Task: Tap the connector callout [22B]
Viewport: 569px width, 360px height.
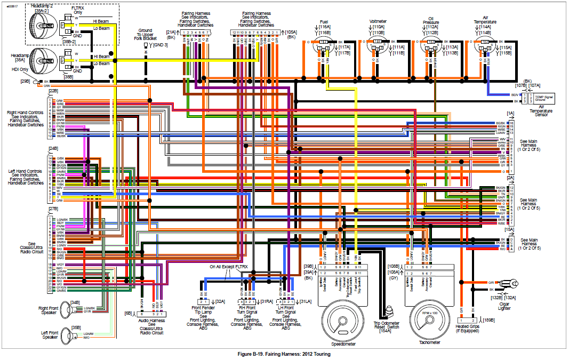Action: [x=53, y=91]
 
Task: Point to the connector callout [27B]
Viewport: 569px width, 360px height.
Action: [x=53, y=209]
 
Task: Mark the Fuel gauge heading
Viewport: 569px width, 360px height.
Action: [x=324, y=22]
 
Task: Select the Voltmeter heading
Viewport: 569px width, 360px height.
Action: [x=378, y=22]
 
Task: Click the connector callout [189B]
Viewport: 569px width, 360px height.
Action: [x=488, y=320]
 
